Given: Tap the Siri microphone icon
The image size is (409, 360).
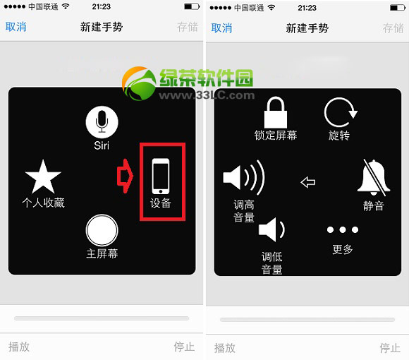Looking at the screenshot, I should point(102,122).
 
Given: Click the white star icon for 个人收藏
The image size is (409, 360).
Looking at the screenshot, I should point(43,176).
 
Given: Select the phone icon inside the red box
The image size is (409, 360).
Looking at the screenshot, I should point(161,176).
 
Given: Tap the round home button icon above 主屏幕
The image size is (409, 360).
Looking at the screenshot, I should point(102,229).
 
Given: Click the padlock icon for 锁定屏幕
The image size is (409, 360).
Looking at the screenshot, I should point(276,112).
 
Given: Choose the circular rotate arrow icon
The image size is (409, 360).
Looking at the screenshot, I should point(340,113).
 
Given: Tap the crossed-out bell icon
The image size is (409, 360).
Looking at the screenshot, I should point(373,177).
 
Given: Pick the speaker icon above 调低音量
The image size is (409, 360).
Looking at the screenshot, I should point(271,230).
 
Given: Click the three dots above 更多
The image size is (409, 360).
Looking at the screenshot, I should point(343,230).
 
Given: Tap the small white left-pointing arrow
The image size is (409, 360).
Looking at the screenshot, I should point(307,182).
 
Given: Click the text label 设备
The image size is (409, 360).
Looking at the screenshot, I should point(161,204).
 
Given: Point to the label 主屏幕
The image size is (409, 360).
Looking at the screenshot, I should point(102,253).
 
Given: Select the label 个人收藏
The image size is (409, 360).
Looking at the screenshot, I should point(43,203).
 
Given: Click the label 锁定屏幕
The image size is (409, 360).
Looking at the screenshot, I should point(276,135).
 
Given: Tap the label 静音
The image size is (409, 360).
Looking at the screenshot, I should point(374,206).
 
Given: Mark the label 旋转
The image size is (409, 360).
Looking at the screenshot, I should point(339,135).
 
